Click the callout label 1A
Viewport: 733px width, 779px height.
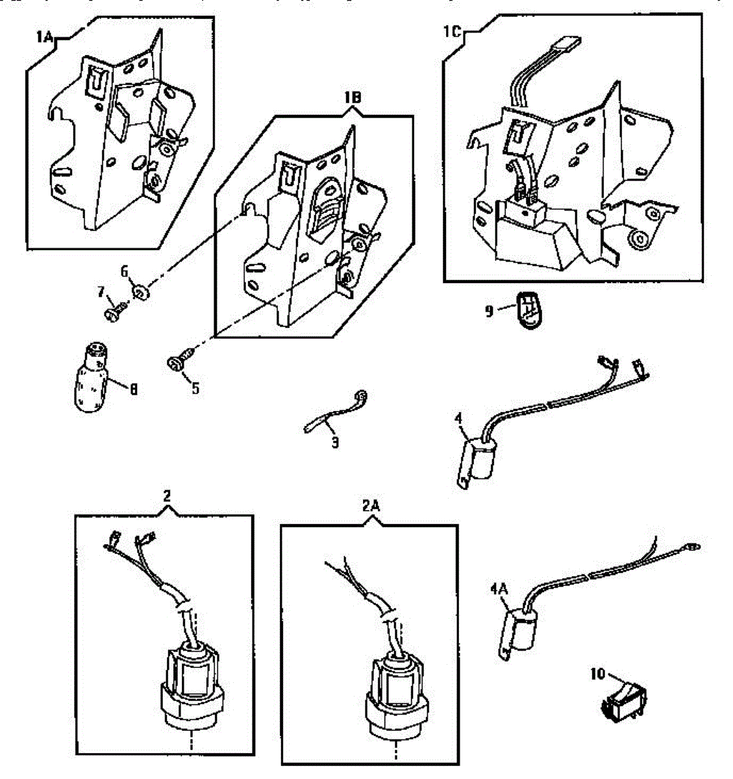tap(43, 38)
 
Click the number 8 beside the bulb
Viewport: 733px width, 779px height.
tap(134, 391)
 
